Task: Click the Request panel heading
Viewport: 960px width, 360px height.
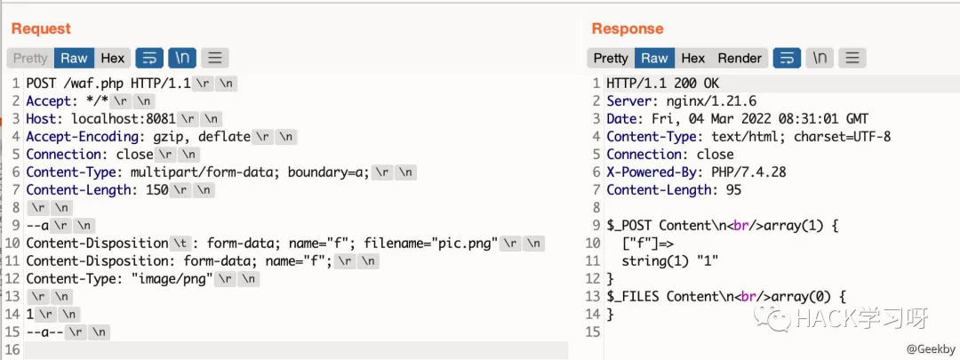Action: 41,29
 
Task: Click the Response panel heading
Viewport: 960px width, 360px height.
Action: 628,29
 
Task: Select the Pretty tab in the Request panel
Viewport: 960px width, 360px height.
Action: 30,58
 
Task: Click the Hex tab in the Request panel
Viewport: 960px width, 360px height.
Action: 113,58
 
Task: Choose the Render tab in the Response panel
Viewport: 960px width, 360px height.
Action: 740,58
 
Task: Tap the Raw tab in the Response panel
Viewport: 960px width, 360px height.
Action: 654,58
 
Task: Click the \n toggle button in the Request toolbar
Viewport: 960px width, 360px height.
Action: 182,58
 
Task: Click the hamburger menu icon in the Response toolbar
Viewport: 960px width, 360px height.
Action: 852,58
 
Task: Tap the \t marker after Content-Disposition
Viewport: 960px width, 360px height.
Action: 181,243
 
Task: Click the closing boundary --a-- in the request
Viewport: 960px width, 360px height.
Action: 44,332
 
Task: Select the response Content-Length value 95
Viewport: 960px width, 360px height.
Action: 732,190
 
